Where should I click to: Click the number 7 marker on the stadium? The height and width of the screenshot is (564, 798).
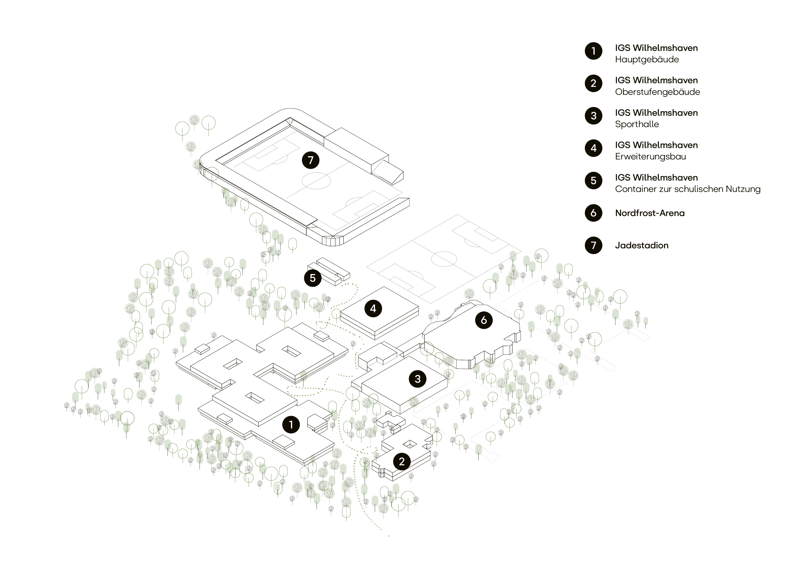click(x=310, y=160)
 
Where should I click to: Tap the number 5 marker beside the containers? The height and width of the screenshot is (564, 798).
click(x=313, y=278)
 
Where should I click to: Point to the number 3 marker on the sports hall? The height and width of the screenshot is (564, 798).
click(x=417, y=379)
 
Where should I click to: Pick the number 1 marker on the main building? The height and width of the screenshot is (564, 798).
click(x=291, y=424)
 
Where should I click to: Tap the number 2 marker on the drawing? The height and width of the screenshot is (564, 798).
click(x=402, y=461)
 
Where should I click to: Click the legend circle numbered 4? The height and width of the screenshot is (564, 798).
click(x=593, y=148)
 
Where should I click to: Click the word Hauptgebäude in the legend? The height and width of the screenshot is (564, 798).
click(x=647, y=59)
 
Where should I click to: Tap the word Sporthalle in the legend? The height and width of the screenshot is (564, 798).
click(x=637, y=124)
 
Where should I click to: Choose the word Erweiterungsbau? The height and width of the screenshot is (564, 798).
click(x=650, y=157)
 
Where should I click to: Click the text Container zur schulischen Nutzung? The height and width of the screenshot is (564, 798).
click(x=687, y=189)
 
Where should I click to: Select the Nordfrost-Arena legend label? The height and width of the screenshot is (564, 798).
click(x=650, y=213)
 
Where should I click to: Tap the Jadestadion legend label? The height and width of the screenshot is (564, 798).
click(x=641, y=245)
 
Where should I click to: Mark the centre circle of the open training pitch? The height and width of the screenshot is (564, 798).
click(x=444, y=259)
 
